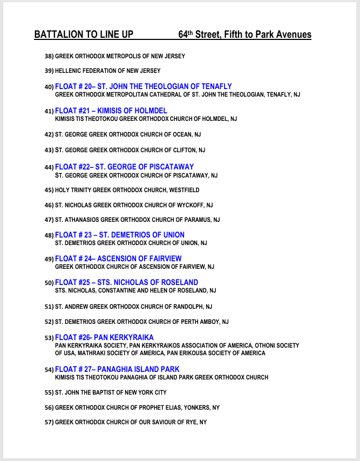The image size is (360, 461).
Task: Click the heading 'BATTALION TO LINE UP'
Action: tap(84, 35)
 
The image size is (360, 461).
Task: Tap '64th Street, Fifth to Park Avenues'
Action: tap(244, 35)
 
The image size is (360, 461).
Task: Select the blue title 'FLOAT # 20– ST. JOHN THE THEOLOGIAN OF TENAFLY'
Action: tap(144, 86)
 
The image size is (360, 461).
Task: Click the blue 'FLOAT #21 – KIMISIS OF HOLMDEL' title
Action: tap(111, 111)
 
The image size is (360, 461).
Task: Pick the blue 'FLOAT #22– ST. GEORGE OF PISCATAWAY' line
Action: tap(124, 167)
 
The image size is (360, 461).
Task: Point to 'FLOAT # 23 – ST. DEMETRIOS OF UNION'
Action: tap(120, 235)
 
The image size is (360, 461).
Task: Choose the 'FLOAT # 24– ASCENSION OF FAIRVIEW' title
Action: tap(118, 259)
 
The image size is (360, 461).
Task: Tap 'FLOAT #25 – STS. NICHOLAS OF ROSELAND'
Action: tap(126, 282)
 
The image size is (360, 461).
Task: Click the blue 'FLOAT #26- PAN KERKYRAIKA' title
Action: tap(104, 338)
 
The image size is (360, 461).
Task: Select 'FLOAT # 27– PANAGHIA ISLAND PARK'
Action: tap(117, 370)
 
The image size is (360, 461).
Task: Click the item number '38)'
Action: tap(49, 56)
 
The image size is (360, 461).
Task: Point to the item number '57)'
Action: tap(49, 422)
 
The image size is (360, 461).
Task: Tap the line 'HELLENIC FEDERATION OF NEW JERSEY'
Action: tap(107, 71)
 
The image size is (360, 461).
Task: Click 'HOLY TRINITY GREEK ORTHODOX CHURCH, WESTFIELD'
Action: tap(127, 190)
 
